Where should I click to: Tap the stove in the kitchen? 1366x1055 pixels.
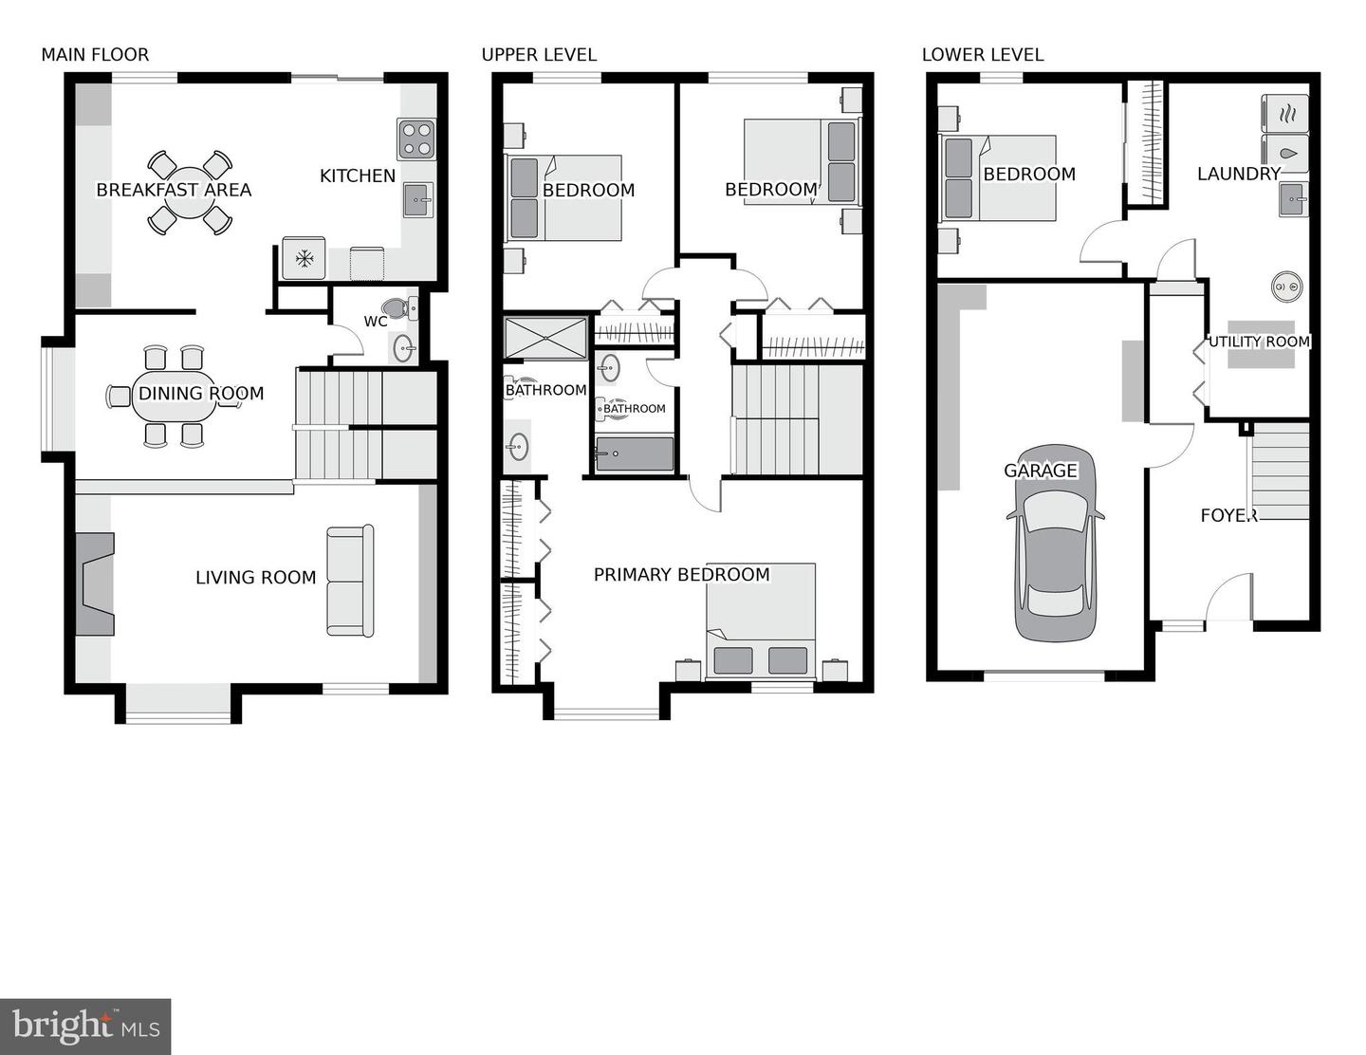pos(416,139)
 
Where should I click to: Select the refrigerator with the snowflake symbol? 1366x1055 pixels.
pos(305,258)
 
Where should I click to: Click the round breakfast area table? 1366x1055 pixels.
pos(190,193)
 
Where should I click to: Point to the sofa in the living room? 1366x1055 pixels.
pos(349,580)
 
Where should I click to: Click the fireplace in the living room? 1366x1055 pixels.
pos(95,583)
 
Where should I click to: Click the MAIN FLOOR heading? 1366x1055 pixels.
pos(95,55)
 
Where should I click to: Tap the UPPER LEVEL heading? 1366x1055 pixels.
pos(539,55)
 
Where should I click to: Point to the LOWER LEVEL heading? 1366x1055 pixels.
pos(982,55)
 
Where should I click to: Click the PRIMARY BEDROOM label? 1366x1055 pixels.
pos(681,575)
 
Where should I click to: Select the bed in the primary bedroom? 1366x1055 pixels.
pos(761,621)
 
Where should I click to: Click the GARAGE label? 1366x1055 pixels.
pos(1041,471)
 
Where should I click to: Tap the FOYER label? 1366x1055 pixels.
pos(1228,515)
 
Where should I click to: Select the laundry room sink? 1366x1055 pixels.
pos(1293,199)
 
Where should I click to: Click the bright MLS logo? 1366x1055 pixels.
pos(85,1027)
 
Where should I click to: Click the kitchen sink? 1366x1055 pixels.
pos(417,199)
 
